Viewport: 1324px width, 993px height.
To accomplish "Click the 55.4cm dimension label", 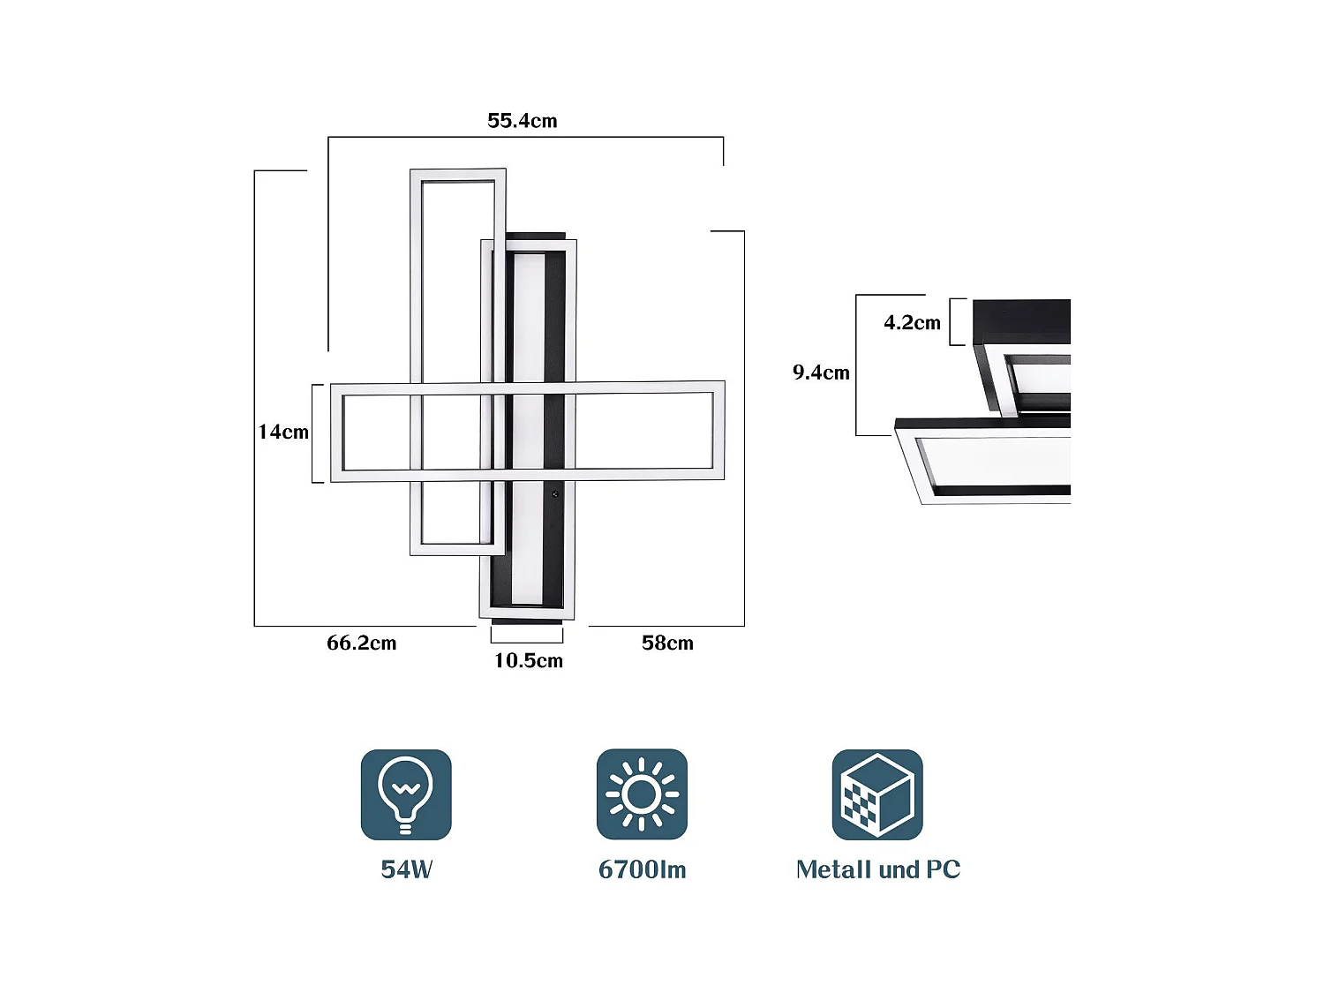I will click(522, 121).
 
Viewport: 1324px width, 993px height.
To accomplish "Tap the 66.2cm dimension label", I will click(361, 643).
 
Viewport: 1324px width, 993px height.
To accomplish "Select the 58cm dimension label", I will click(667, 643).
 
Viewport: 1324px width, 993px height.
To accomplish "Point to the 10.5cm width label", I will click(528, 661).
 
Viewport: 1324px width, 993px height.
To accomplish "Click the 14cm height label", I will click(283, 433).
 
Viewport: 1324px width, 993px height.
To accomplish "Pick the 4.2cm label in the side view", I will click(912, 323).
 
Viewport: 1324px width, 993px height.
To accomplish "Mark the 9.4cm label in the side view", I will click(821, 372).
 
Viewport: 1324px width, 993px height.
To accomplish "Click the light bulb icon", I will click(406, 794).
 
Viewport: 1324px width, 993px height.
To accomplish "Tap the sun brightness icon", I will click(642, 794).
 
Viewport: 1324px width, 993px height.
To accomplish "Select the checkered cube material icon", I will click(877, 794).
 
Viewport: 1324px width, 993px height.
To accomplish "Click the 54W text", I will click(406, 869).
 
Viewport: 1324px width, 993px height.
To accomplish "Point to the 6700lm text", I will click(642, 869).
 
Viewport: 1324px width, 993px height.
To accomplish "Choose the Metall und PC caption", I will click(877, 869).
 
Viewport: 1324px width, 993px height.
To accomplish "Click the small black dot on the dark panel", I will click(554, 495).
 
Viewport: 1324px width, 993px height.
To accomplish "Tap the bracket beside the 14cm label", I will click(316, 433).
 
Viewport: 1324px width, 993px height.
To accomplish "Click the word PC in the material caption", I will click(943, 869).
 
